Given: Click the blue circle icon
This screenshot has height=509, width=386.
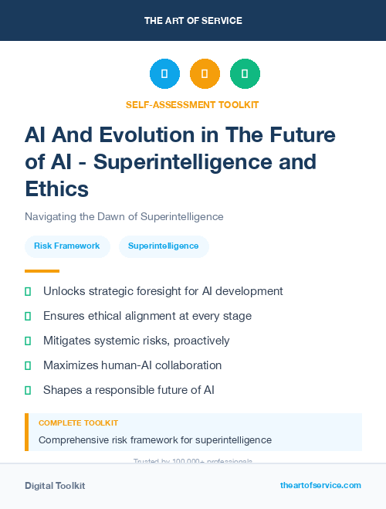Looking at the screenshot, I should tap(164, 74).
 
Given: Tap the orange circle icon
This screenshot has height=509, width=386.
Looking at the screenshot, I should tap(205, 74).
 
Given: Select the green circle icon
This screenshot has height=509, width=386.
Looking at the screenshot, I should tap(245, 74).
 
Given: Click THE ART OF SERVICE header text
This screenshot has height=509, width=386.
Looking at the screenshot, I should tap(193, 20).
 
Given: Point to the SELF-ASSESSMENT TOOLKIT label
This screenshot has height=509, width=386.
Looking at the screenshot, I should tap(192, 104).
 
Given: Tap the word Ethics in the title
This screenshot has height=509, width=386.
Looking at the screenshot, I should tap(56, 188).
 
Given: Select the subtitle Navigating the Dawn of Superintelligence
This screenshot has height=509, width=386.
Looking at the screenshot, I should tap(124, 217).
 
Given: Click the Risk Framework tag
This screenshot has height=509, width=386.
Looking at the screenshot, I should tap(67, 246).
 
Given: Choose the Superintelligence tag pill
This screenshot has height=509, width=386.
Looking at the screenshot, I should tap(164, 246).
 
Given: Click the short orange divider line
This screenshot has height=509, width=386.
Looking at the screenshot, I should tap(42, 271).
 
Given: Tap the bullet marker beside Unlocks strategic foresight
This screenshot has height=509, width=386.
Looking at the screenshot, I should tap(28, 292).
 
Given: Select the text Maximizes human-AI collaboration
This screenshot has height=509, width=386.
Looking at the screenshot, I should tap(132, 365).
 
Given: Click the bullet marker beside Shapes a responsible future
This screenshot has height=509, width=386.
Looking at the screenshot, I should tap(28, 390).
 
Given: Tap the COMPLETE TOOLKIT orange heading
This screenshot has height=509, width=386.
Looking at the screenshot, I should tap(78, 423).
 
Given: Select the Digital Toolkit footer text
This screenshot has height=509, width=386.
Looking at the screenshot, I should tap(55, 486).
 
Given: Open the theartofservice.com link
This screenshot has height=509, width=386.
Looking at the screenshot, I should tap(320, 485).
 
